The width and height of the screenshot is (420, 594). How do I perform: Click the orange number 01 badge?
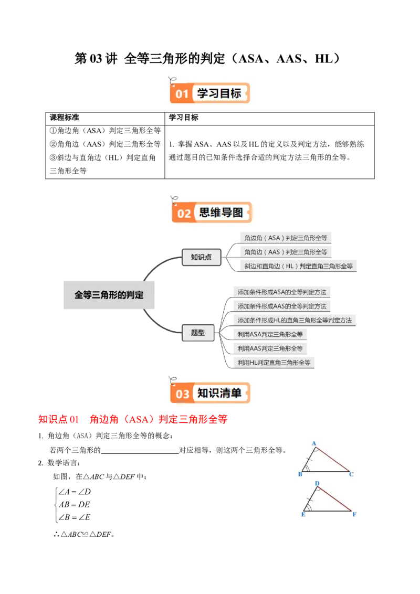[x=182, y=94]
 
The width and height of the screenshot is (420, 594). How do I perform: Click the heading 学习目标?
[x=219, y=93]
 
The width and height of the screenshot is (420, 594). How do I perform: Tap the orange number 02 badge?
[x=184, y=214]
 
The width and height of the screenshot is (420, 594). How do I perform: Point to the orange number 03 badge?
[x=182, y=394]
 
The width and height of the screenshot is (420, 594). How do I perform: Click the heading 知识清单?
[x=219, y=393]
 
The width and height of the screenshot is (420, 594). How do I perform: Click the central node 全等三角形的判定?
[x=109, y=294]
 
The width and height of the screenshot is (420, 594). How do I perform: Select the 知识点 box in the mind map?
[x=201, y=257]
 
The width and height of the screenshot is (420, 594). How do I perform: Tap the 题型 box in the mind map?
[x=198, y=333]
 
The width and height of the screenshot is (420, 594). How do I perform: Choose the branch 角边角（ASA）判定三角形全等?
[x=286, y=238]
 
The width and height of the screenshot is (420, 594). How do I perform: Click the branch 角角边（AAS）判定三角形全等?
[x=286, y=252]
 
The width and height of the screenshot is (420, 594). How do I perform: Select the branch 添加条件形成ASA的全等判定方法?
[x=281, y=292]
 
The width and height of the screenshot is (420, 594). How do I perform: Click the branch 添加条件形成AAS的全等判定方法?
[x=281, y=306]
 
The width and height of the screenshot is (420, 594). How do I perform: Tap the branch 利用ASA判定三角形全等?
[x=270, y=334]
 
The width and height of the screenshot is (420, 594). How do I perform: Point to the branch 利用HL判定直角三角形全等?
[x=274, y=362]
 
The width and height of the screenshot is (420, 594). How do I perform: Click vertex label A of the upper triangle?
[x=314, y=443]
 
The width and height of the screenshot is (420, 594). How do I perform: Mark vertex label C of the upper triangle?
[x=351, y=474]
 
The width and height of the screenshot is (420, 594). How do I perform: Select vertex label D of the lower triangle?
[x=317, y=483]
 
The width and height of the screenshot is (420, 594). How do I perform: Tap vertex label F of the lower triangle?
[x=354, y=514]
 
